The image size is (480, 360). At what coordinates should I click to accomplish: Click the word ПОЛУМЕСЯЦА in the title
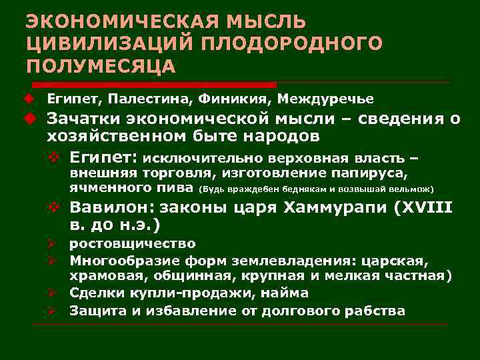(101, 67)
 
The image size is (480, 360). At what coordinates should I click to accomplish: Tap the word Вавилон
(110, 207)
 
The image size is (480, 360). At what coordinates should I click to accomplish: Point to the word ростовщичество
(133, 243)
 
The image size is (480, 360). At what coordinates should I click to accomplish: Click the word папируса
(375, 173)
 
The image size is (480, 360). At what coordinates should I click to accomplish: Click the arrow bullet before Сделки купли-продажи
(59, 293)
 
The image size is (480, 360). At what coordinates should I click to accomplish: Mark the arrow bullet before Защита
(59, 311)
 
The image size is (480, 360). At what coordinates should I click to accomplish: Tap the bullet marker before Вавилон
(59, 207)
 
